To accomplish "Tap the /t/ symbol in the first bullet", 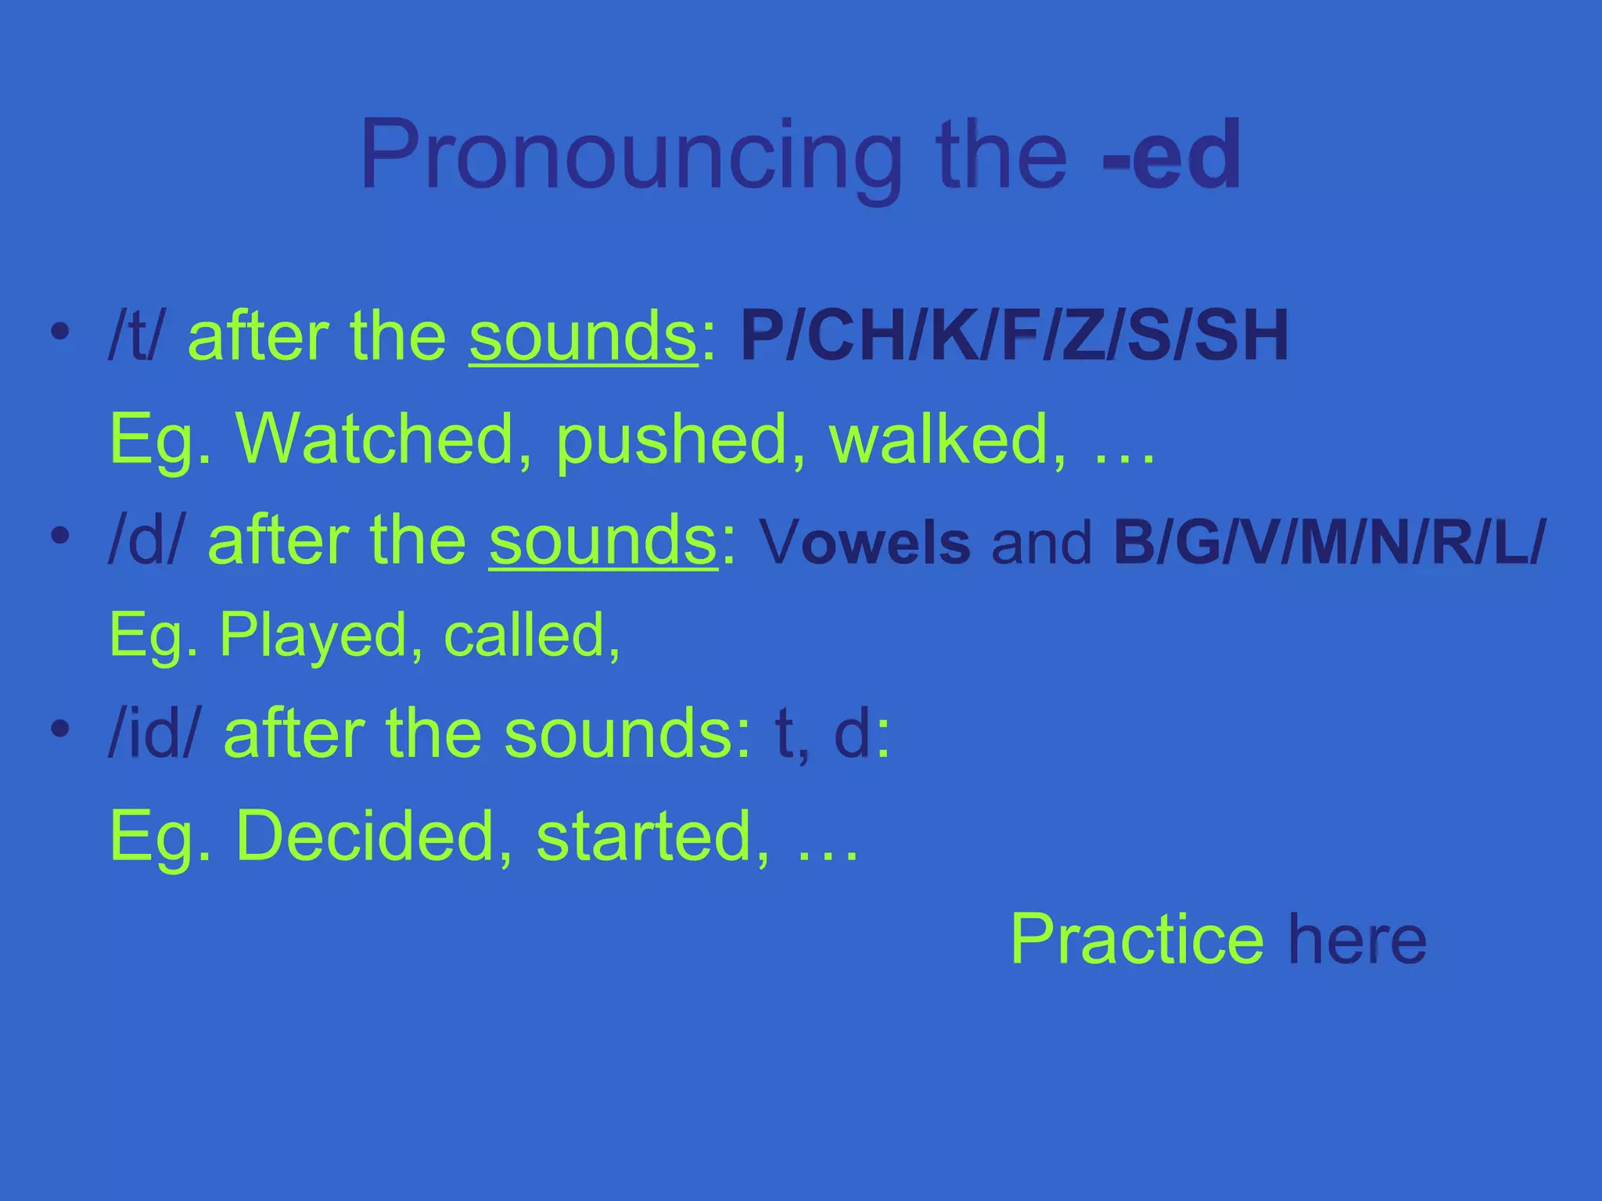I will coord(137,336).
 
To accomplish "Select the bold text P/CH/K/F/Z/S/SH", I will coord(1014,336).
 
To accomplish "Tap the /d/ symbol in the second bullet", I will coord(147,541).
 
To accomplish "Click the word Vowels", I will coord(864,543).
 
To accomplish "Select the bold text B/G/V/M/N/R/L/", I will coord(1330,541).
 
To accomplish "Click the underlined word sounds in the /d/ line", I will coord(603,541).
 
